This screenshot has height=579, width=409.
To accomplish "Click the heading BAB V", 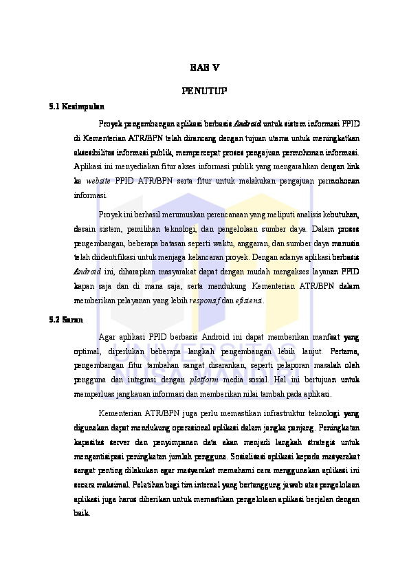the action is (x=204, y=67).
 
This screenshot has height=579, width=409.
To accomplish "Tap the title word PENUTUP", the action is (x=204, y=90).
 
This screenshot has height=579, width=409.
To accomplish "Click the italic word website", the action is (x=98, y=180).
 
